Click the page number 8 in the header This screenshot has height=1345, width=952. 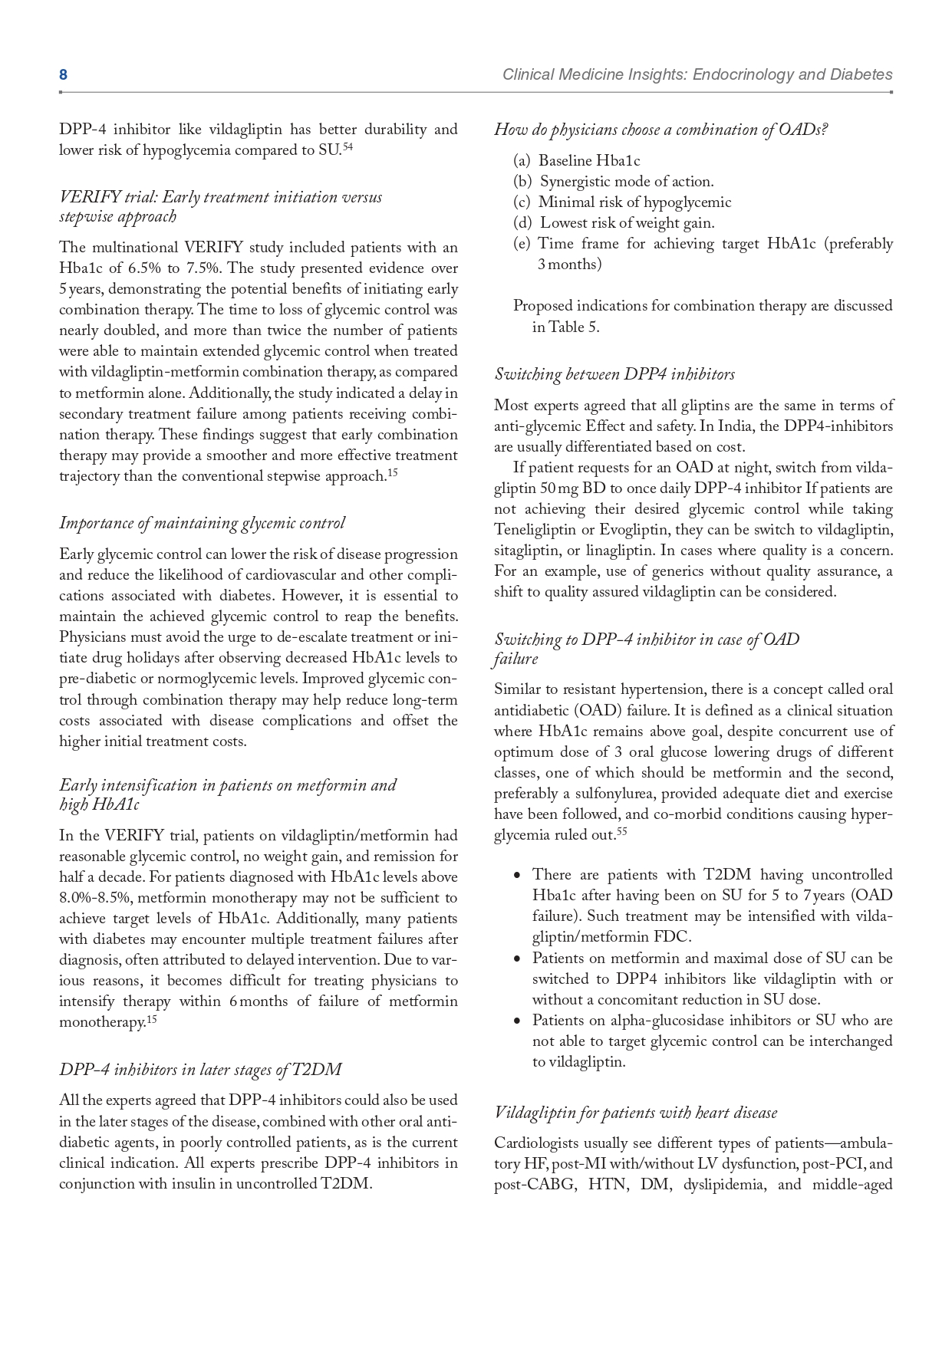63,74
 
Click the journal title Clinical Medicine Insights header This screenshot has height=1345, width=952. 697,74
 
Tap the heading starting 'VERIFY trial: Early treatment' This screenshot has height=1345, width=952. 220,198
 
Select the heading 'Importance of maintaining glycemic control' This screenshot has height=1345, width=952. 202,523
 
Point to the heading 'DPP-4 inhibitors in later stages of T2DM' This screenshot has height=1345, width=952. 200,1070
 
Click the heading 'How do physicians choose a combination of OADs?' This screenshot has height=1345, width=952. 660,130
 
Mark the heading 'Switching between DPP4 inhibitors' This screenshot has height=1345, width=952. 614,374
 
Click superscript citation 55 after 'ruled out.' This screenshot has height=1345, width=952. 621,830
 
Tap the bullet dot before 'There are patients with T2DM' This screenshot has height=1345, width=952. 518,875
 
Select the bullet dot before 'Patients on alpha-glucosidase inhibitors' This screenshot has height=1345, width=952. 518,1021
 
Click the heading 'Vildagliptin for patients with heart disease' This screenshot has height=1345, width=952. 635,1113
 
